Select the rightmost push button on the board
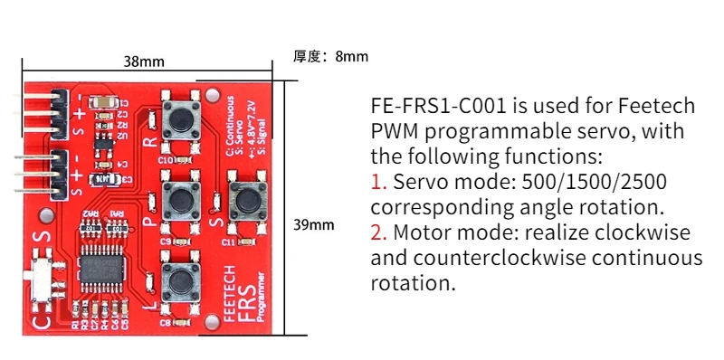click(245, 196)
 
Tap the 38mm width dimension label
click(144, 62)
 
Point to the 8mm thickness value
click(351, 56)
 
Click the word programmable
click(514, 131)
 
